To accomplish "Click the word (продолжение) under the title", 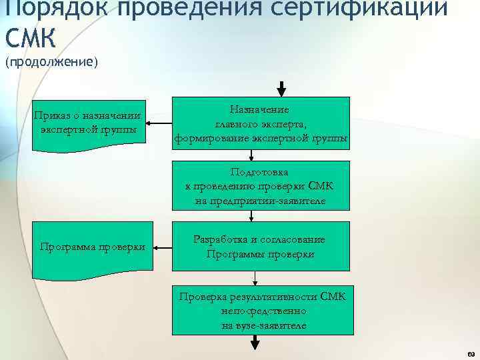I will pyautogui.click(x=51, y=63).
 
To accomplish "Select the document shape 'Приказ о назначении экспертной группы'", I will pyautogui.click(x=89, y=123).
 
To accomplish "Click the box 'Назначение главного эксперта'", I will pyautogui.click(x=261, y=123).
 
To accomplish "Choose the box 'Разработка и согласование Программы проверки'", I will pyautogui.click(x=261, y=247).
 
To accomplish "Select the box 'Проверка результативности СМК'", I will pyautogui.click(x=261, y=310).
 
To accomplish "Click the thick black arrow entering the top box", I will pyautogui.click(x=281, y=89).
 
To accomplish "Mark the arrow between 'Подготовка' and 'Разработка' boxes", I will pyautogui.click(x=251, y=217).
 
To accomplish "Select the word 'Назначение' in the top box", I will pyautogui.click(x=260, y=109).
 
